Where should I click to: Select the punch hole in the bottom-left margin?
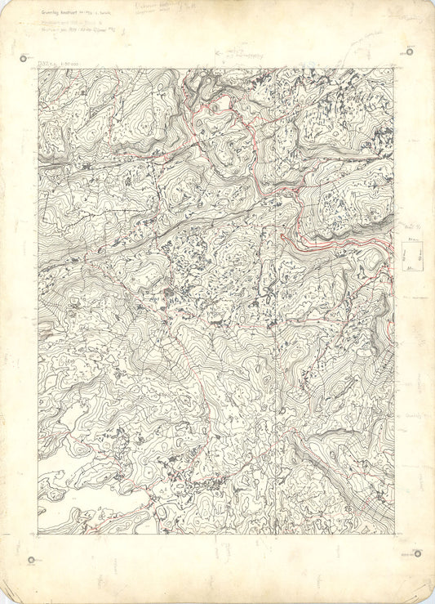click(31, 560)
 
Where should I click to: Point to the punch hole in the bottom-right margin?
click(419, 554)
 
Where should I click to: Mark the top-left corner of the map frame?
click(38, 69)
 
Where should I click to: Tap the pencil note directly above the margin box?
click(406, 227)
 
